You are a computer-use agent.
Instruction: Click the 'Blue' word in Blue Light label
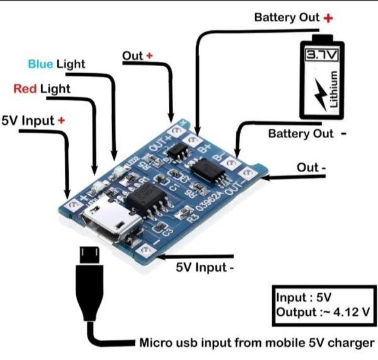click(x=40, y=64)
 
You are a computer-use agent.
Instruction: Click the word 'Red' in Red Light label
click(x=25, y=89)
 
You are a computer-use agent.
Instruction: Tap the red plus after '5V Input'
click(x=61, y=120)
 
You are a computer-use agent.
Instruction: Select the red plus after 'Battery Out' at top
click(x=328, y=18)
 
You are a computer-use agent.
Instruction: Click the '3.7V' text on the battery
click(x=322, y=57)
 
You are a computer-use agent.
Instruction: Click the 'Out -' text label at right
click(x=311, y=168)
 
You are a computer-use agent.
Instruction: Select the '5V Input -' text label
click(x=205, y=267)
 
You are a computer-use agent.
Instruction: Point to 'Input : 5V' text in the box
click(x=303, y=296)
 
